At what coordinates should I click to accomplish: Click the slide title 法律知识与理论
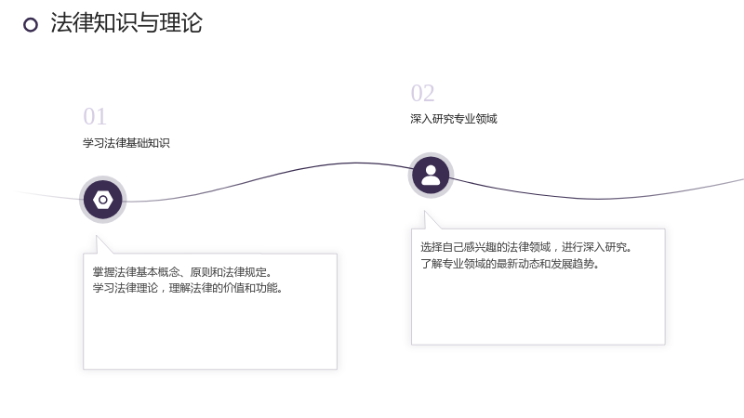pyautogui.click(x=126, y=22)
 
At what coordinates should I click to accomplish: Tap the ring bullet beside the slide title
pyautogui.click(x=31, y=25)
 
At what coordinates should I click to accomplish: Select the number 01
pyautogui.click(x=95, y=117)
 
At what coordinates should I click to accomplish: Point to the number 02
pyautogui.click(x=422, y=93)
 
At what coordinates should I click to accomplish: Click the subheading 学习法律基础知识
pyautogui.click(x=126, y=143)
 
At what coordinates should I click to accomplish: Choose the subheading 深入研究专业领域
pyautogui.click(x=454, y=119)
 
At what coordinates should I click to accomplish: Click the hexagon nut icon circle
pyautogui.click(x=102, y=200)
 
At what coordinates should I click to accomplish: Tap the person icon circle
pyautogui.click(x=431, y=176)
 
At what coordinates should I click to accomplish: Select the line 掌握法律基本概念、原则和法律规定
pyautogui.click(x=182, y=272)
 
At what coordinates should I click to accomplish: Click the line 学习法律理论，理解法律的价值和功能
pyautogui.click(x=188, y=288)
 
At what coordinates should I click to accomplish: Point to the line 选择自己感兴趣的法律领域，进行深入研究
pyautogui.click(x=525, y=247)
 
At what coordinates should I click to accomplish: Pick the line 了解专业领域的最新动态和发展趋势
pyautogui.click(x=510, y=263)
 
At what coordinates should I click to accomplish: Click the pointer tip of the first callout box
pyautogui.click(x=97, y=236)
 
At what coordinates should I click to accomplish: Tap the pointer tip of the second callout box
pyautogui.click(x=425, y=212)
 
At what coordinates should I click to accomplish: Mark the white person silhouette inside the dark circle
pyautogui.click(x=431, y=175)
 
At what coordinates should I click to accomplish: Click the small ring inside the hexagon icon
pyautogui.click(x=102, y=200)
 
